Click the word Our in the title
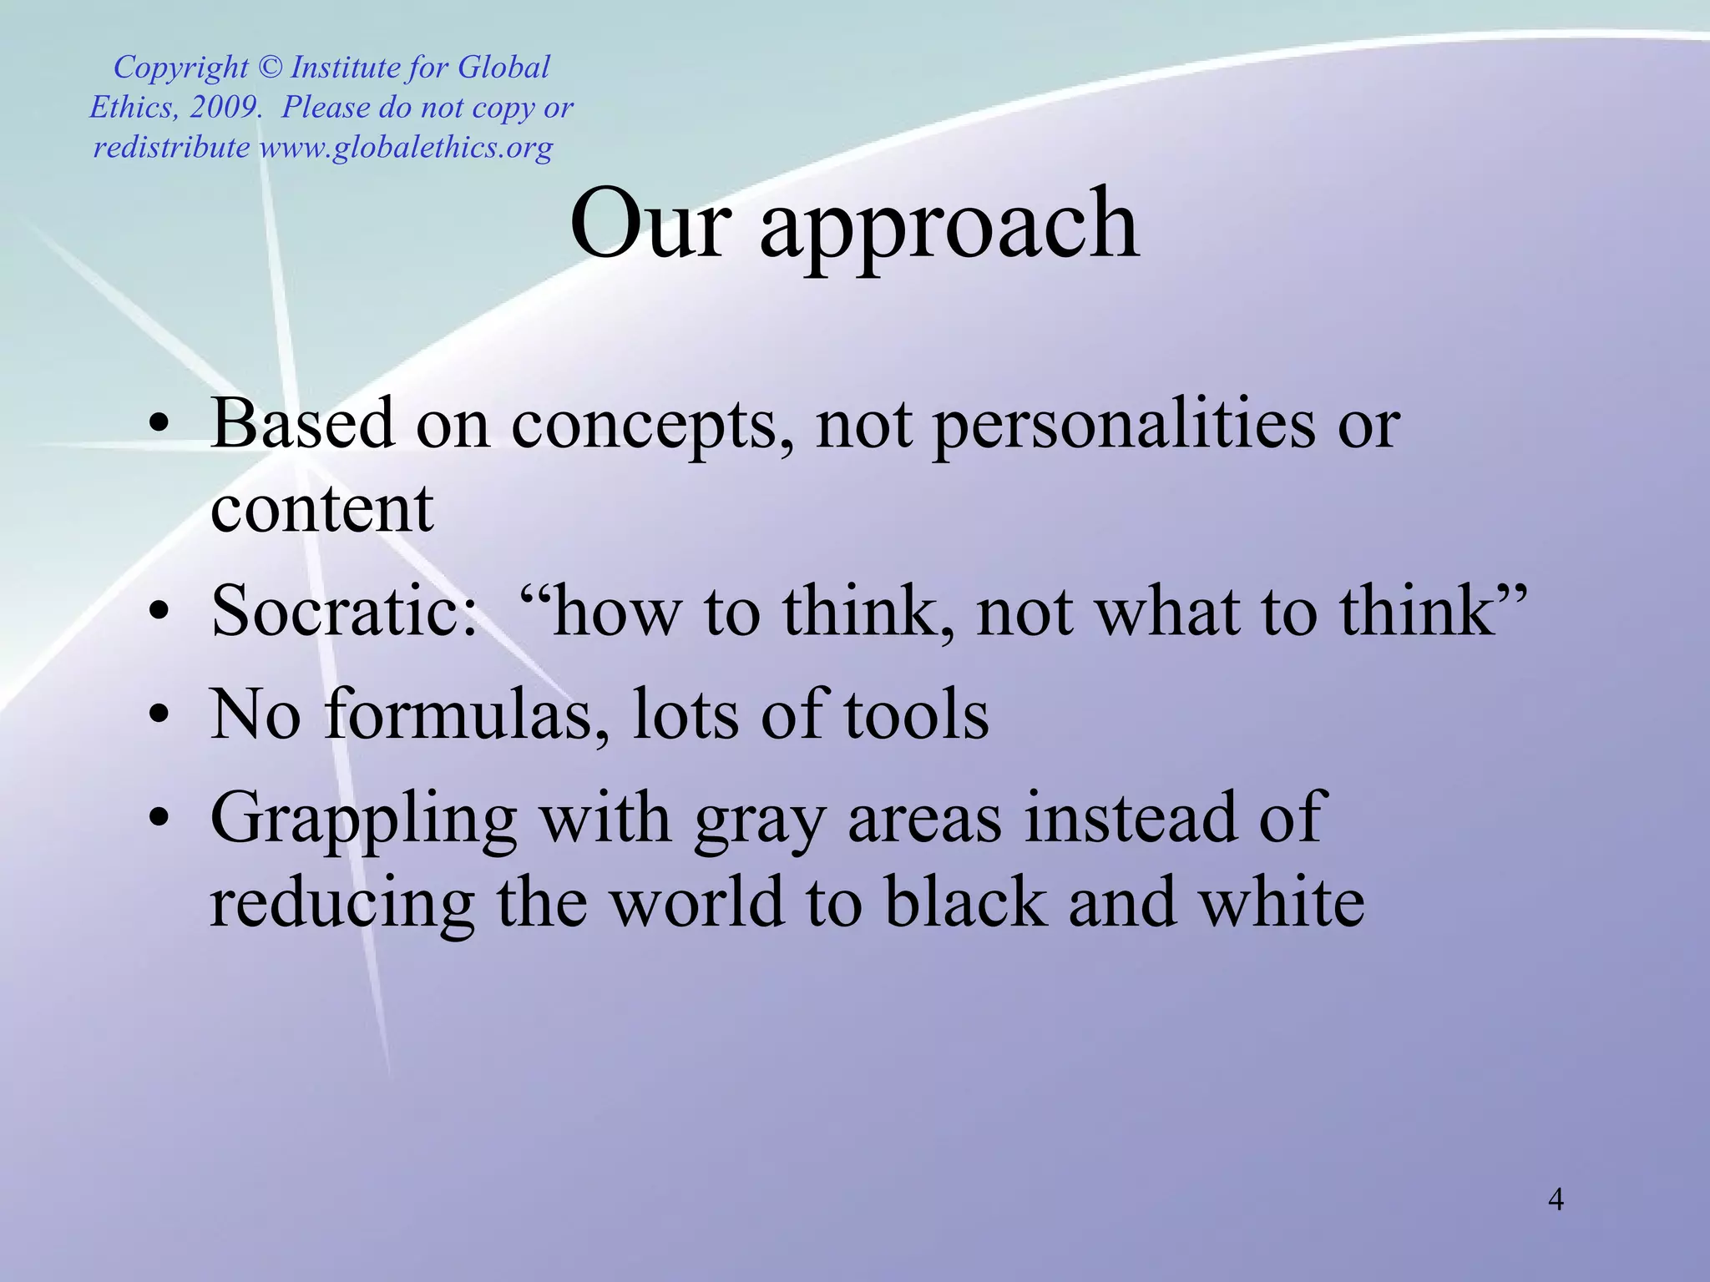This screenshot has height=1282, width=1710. click(x=650, y=224)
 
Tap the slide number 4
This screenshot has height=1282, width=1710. click(x=1556, y=1199)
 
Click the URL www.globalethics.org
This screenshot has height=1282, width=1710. click(x=406, y=148)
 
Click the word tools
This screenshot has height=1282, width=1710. click(x=916, y=716)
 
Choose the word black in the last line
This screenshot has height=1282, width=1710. click(x=965, y=903)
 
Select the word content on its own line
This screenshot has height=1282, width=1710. click(x=321, y=508)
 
